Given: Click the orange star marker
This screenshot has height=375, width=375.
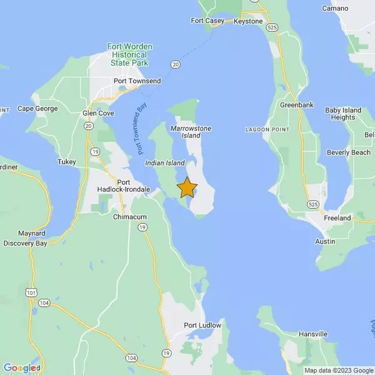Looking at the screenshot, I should tap(187, 187).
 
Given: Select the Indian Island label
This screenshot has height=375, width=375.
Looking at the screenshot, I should tap(164, 162).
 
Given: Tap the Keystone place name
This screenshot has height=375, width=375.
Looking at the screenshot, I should tap(247, 21).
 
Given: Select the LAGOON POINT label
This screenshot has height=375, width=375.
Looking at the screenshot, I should tap(266, 129).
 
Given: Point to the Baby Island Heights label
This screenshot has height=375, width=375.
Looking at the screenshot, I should tap(343, 114).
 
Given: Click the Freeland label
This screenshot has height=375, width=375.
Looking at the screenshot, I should tap(337, 218).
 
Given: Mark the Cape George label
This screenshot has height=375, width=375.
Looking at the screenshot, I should tap(37, 108).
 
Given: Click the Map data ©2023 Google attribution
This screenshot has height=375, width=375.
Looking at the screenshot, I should tap(338, 370).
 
